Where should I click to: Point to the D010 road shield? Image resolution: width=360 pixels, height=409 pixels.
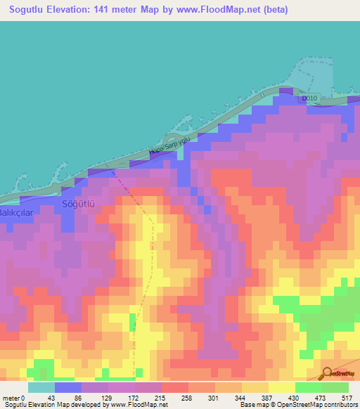point(310,99)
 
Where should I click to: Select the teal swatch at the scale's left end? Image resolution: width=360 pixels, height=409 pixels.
point(41,387)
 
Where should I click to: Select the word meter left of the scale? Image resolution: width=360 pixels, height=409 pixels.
point(11,398)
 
